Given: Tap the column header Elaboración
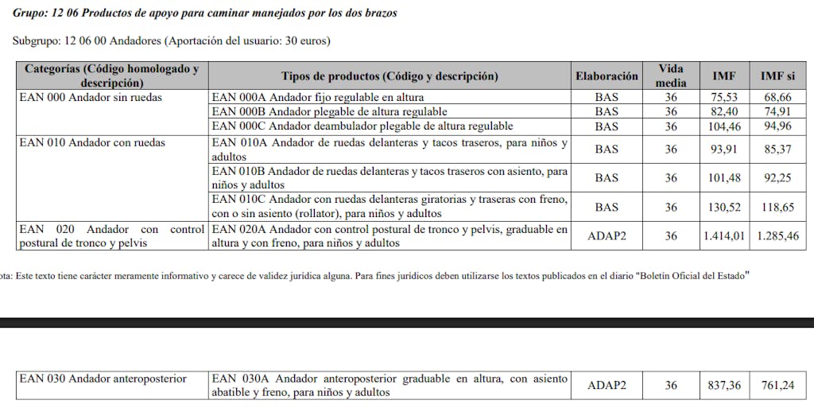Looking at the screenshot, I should click(607, 76).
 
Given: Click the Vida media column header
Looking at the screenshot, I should click(671, 76).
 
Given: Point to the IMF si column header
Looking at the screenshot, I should click(777, 76).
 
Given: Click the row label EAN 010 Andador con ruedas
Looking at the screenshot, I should click(92, 143).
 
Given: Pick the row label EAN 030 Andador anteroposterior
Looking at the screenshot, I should click(103, 379).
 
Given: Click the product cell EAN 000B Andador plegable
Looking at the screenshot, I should click(329, 112).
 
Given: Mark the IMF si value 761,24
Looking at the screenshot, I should click(777, 386).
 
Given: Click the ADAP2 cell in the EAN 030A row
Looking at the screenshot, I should click(607, 386).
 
